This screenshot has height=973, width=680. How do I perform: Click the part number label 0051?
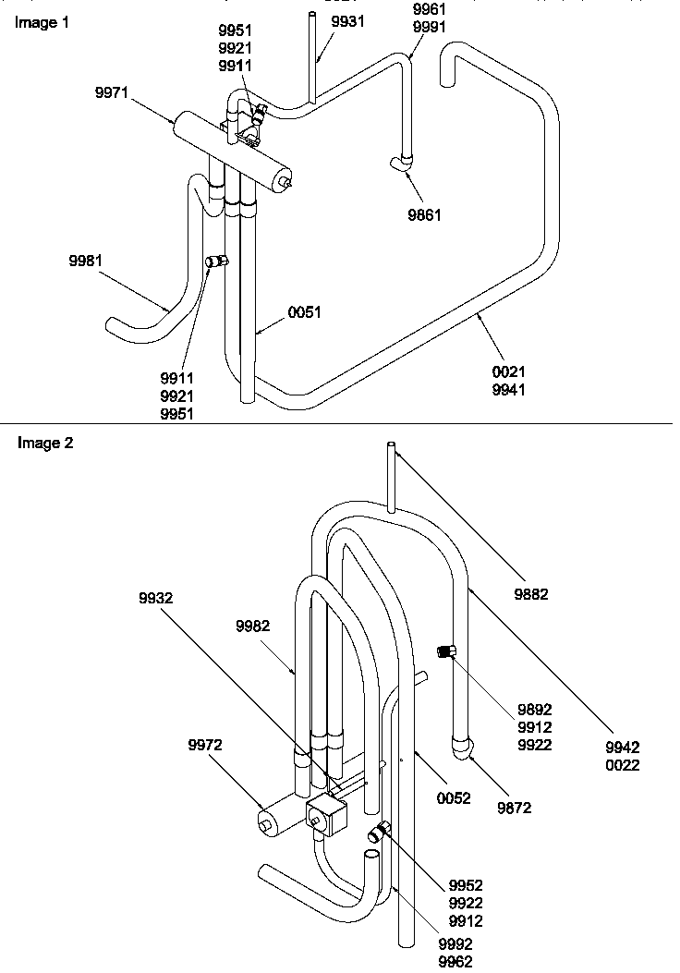(x=304, y=312)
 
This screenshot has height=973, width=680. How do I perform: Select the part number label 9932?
(x=154, y=598)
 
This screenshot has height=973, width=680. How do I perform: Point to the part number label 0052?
(x=454, y=798)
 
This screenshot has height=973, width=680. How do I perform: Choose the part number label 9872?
(x=515, y=808)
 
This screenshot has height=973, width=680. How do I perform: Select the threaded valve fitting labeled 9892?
(x=446, y=652)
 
